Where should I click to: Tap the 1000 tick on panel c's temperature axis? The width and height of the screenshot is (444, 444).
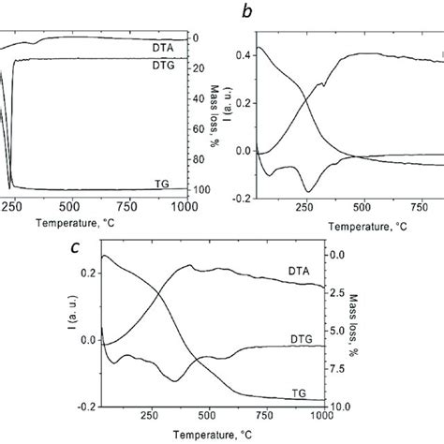(320, 418)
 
